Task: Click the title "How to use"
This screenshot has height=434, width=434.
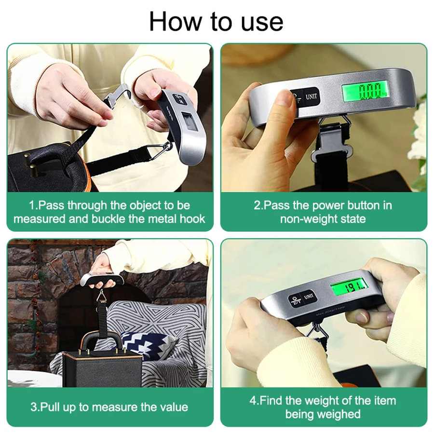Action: (216, 21)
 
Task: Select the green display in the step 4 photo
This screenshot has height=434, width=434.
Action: (349, 288)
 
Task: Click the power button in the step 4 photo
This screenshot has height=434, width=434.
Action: (293, 300)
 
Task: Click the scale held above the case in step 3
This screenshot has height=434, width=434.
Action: (103, 279)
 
